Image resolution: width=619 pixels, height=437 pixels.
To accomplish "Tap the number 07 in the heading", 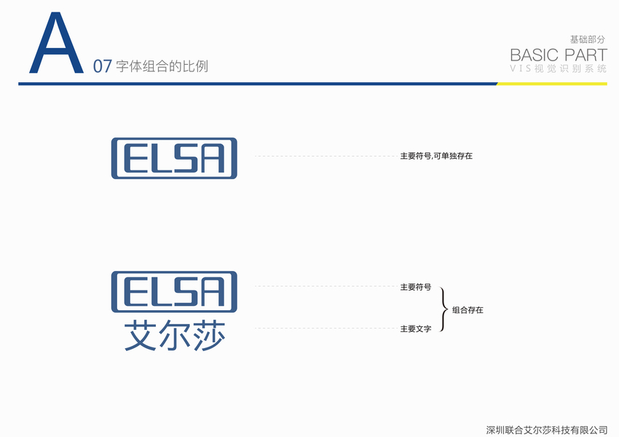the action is pos(102,67).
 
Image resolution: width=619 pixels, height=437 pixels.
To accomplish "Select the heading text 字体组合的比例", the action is pos(162,67).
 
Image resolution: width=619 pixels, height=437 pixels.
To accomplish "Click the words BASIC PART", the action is pos(558,55).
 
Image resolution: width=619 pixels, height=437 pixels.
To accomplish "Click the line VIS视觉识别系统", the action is pos(558,68).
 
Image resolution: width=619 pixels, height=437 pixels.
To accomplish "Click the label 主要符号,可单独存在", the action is pos(436,156).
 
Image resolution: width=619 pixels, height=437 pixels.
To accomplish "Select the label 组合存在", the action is pos(468,310).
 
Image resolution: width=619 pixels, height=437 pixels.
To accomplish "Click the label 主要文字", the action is pos(415,329).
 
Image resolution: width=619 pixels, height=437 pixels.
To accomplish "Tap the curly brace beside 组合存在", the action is pos(443,309).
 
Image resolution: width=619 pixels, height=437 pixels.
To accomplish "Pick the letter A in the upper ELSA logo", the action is pos(217,158).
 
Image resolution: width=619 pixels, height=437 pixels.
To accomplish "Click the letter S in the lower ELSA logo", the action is pos(188,292).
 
